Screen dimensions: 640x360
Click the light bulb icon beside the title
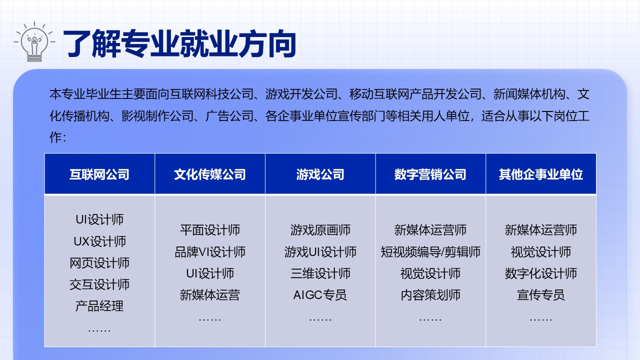coord(34,41)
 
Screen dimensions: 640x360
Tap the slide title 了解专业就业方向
coord(179,43)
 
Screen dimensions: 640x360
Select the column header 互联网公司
coord(99,174)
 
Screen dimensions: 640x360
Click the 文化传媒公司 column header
coord(210,174)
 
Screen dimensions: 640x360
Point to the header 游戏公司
coord(320,174)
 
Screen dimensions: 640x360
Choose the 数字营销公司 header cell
coord(430,174)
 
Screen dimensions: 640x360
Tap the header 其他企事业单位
coord(541,174)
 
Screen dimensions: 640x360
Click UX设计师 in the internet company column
coord(99,241)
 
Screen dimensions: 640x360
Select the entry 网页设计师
coord(99,263)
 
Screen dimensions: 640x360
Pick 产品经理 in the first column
coord(99,306)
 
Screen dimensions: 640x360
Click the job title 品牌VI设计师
coord(210,252)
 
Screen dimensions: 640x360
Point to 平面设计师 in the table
coord(210,230)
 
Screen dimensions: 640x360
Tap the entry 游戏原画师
coord(320,230)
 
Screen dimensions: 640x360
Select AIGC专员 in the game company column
coord(320,295)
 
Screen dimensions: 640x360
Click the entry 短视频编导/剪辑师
coord(430,252)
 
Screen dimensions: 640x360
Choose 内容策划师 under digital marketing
coord(430,295)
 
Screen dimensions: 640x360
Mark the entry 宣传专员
coord(541,295)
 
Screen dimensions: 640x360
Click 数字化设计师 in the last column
coord(541,273)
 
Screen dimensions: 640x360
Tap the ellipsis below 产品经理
coord(99,330)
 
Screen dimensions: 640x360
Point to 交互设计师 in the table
coord(99,284)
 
